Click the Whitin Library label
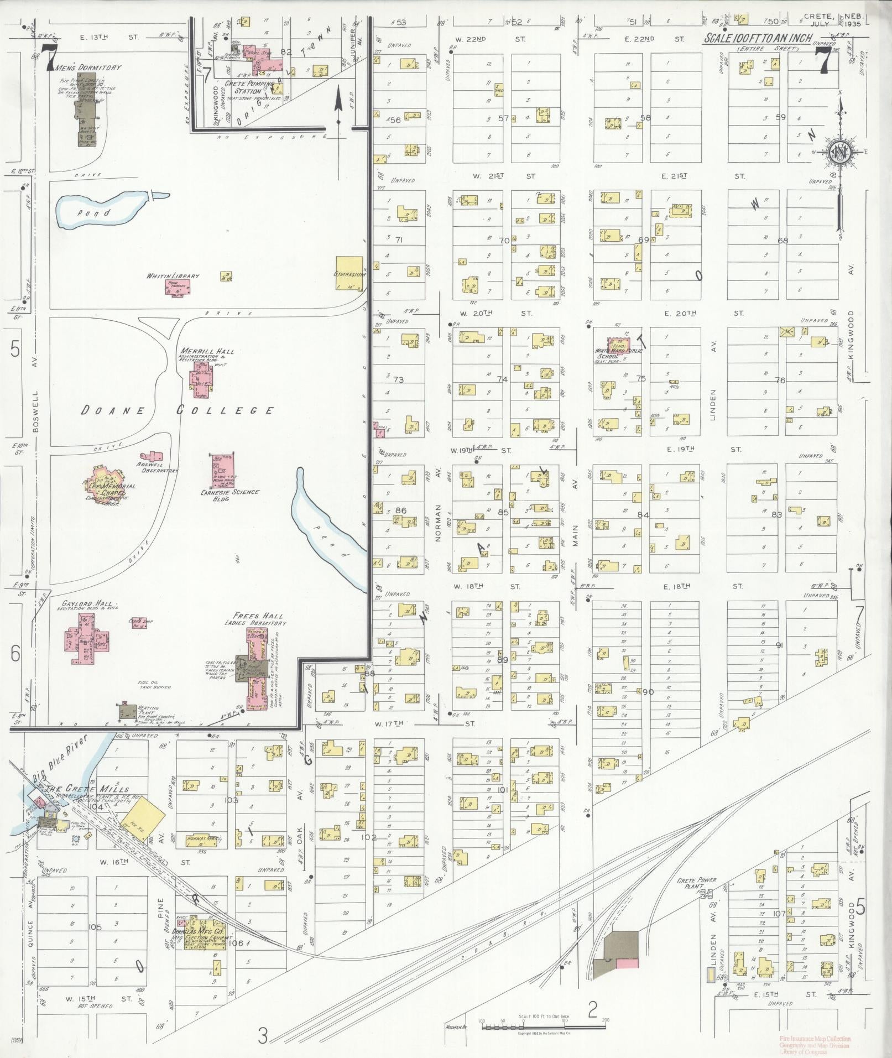pos(173,276)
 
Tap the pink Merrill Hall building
pos(201,379)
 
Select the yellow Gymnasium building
pos(350,273)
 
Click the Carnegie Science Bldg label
pos(230,495)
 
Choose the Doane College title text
pos(178,410)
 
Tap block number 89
pos(502,660)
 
